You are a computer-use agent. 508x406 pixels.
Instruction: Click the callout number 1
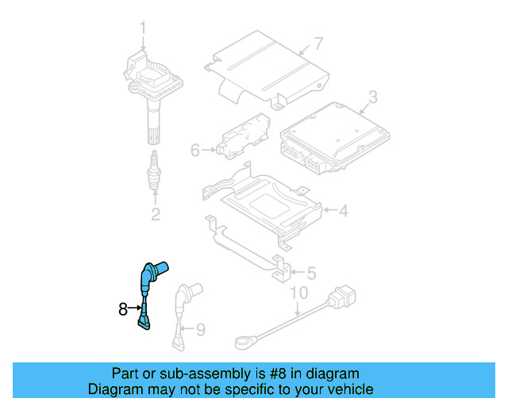tap(144, 30)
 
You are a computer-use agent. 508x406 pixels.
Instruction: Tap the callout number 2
tap(156, 213)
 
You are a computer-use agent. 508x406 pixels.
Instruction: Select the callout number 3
tap(373, 98)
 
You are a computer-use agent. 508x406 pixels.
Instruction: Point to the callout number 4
tap(344, 211)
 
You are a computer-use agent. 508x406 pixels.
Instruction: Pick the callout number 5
tap(311, 273)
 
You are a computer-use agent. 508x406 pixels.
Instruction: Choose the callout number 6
tap(195, 149)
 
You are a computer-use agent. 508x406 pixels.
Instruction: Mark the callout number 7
tap(318, 43)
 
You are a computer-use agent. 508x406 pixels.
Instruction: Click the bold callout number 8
tap(123, 308)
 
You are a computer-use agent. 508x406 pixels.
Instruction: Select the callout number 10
tap(297, 293)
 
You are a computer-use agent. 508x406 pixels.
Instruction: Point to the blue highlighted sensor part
tap(148, 289)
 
